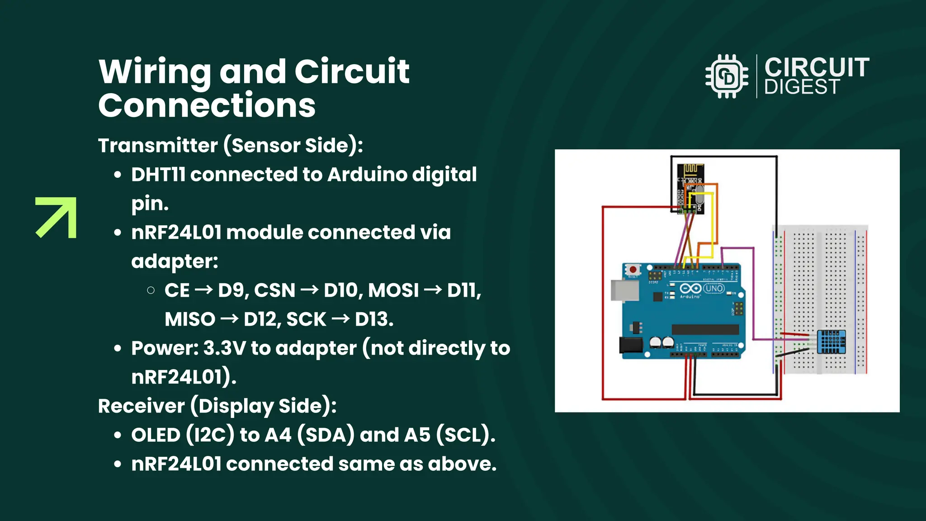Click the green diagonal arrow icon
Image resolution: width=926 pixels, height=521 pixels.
pos(56,218)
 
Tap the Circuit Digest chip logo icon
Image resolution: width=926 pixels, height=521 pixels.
pos(727,76)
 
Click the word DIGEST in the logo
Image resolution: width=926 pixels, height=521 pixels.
pos(802,87)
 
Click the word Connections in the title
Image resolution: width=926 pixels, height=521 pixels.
pos(207,105)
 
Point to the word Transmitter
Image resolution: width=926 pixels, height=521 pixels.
pos(158,146)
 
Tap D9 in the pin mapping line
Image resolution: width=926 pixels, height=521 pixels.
pos(232,290)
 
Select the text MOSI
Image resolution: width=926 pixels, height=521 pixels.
pos(393,290)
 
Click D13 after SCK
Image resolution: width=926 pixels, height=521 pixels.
pos(373,319)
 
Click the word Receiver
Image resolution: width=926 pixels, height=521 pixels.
pos(141,406)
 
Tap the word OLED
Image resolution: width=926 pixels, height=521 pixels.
pos(156,435)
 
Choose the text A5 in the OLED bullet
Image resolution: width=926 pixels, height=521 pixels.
pos(417,435)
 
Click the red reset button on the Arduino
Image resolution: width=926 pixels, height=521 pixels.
pos(633,270)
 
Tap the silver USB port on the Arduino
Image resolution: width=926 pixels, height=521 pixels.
pos(624,290)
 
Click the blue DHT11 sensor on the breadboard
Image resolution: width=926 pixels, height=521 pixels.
pos(831,342)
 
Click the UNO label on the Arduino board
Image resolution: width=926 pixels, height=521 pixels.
pos(714,289)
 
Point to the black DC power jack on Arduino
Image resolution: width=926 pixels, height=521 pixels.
pos(631,345)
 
